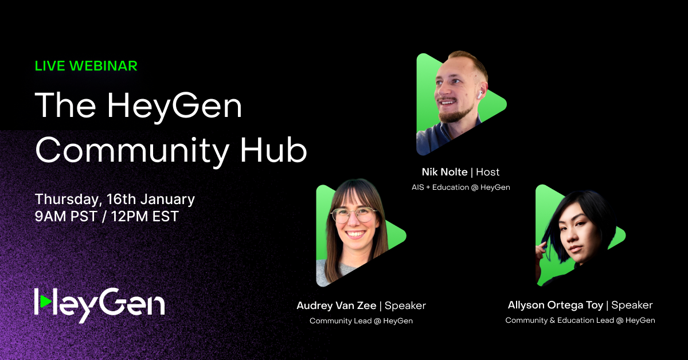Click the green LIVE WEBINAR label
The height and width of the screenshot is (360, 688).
(86, 66)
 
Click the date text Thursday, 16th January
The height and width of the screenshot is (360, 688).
(115, 199)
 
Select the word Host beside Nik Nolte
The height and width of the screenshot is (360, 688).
(487, 172)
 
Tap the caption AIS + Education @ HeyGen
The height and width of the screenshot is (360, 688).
(460, 187)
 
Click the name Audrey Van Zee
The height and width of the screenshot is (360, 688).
(337, 306)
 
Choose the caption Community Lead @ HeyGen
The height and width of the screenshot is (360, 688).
(361, 321)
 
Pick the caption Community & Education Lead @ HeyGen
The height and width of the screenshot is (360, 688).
(580, 320)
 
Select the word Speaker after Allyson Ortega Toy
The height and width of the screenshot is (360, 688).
(632, 305)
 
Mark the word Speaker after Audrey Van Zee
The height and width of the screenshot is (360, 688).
(405, 306)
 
